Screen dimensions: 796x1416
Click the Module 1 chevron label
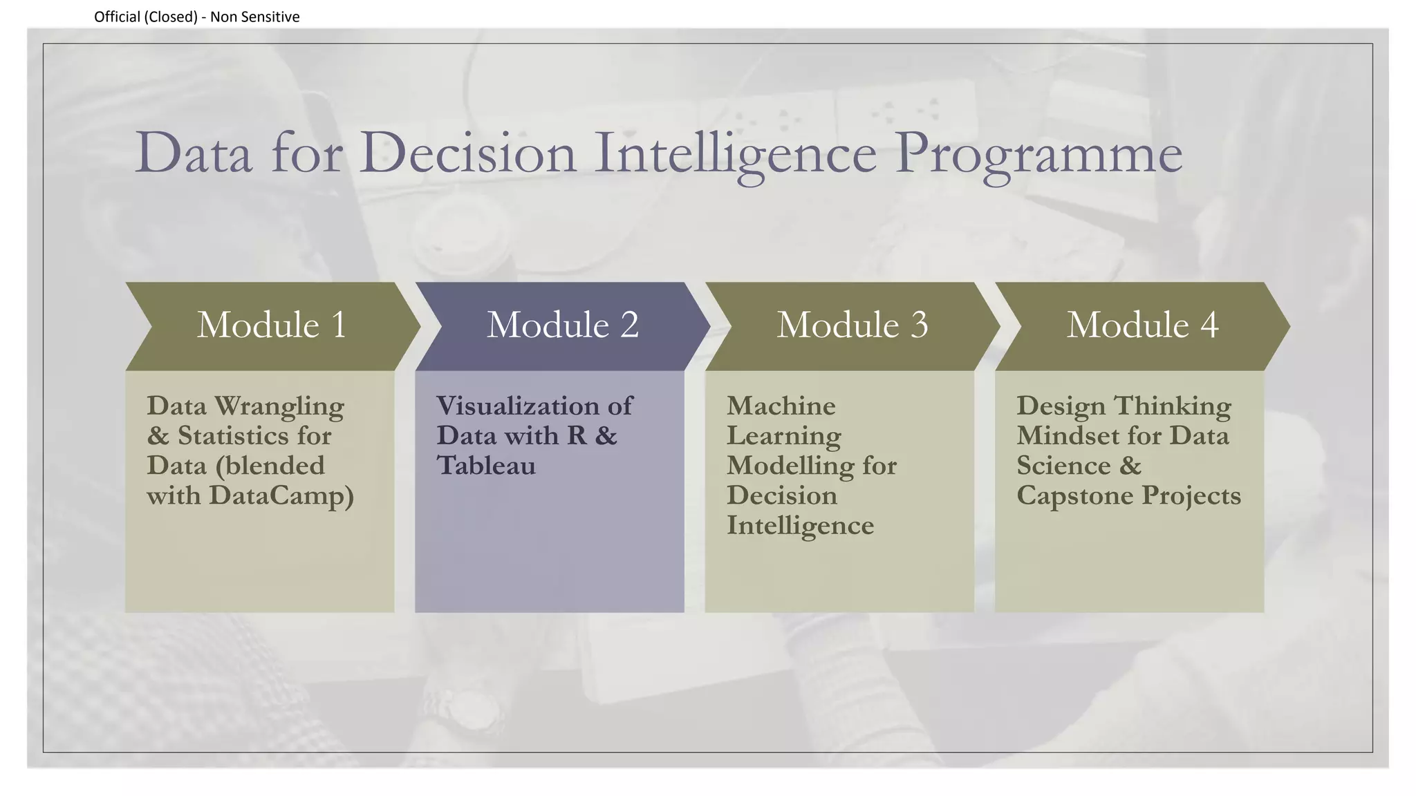tap(272, 325)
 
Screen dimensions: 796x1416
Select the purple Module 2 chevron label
tap(562, 325)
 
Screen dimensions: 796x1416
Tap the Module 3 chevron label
tap(852, 325)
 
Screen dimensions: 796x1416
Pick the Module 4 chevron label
tap(1142, 325)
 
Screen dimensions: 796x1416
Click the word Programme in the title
tap(1038, 153)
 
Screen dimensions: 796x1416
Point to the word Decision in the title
tap(467, 153)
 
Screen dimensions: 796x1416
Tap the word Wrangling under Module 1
tap(279, 407)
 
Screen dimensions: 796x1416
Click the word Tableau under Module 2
tap(486, 466)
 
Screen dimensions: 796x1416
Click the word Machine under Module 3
tap(781, 406)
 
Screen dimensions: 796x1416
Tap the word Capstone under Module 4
tap(1075, 496)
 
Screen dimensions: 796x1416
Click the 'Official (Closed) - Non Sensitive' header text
tap(196, 17)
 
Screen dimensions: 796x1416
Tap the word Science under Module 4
tap(1063, 466)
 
